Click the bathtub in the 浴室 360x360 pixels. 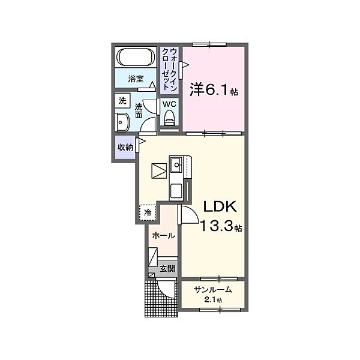pos(136,57)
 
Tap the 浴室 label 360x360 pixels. pos(136,79)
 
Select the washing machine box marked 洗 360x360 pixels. pos(122,101)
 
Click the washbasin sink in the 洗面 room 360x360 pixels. pos(122,122)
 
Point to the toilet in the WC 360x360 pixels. pos(170,118)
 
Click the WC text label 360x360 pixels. pos(169,104)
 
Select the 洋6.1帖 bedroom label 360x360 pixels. pos(214,89)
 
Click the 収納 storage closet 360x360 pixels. pos(125,147)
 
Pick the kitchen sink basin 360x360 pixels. pos(176,164)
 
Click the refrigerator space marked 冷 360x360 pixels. pos(148,212)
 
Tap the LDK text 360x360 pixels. pos(220,206)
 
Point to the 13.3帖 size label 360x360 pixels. pos(221,226)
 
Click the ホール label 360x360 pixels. pos(163,235)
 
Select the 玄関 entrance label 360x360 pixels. pos(167,269)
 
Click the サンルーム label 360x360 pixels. pos(213,290)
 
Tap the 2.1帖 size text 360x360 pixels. pos(213,300)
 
